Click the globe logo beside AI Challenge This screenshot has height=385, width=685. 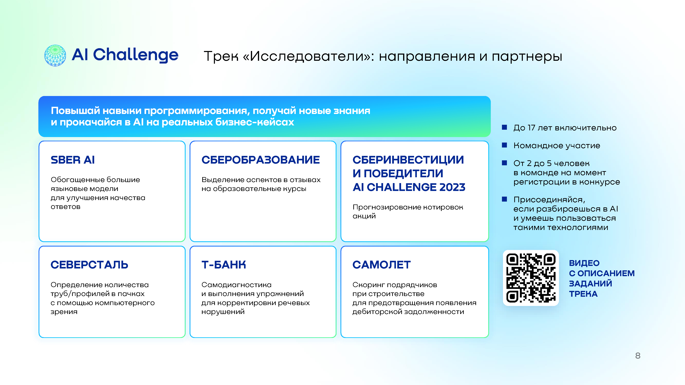pyautogui.click(x=55, y=55)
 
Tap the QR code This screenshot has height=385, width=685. pyautogui.click(x=531, y=278)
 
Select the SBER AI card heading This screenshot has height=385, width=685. pyautogui.click(x=73, y=160)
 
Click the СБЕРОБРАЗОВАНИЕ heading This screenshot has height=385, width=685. pyautogui.click(x=261, y=160)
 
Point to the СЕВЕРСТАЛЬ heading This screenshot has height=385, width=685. pyautogui.click(x=89, y=265)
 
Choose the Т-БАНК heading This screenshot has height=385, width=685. pyautogui.click(x=224, y=265)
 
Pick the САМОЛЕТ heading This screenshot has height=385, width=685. pyautogui.click(x=382, y=265)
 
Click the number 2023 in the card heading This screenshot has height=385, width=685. pyautogui.click(x=452, y=187)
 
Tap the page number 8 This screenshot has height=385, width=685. pyautogui.click(x=638, y=356)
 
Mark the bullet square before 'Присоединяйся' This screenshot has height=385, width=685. pyautogui.click(x=505, y=199)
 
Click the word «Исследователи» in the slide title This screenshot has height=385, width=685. pyautogui.click(x=308, y=56)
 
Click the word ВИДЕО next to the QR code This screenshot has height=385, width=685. pyautogui.click(x=584, y=263)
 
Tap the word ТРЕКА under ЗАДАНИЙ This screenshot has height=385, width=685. pyautogui.click(x=583, y=294)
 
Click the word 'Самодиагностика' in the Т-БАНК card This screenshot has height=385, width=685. pyautogui.click(x=236, y=285)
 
